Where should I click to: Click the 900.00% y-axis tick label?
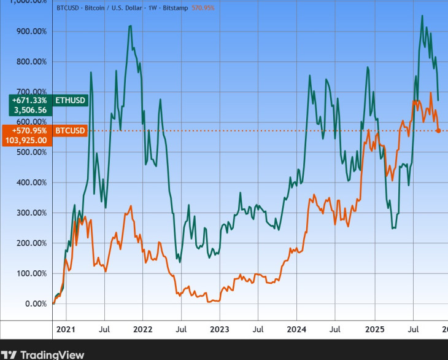point(32,31)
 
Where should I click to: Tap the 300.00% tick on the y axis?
point(32,213)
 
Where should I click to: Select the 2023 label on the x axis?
point(219,329)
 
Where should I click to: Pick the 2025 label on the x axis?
point(374,329)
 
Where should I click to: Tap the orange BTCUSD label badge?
point(71,131)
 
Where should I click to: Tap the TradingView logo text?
point(52,354)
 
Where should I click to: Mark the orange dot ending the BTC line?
point(438,131)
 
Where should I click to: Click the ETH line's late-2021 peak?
point(130,26)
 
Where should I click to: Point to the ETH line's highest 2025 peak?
point(422,16)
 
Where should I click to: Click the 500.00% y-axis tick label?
point(32,152)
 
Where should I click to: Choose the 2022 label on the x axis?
point(142,329)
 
